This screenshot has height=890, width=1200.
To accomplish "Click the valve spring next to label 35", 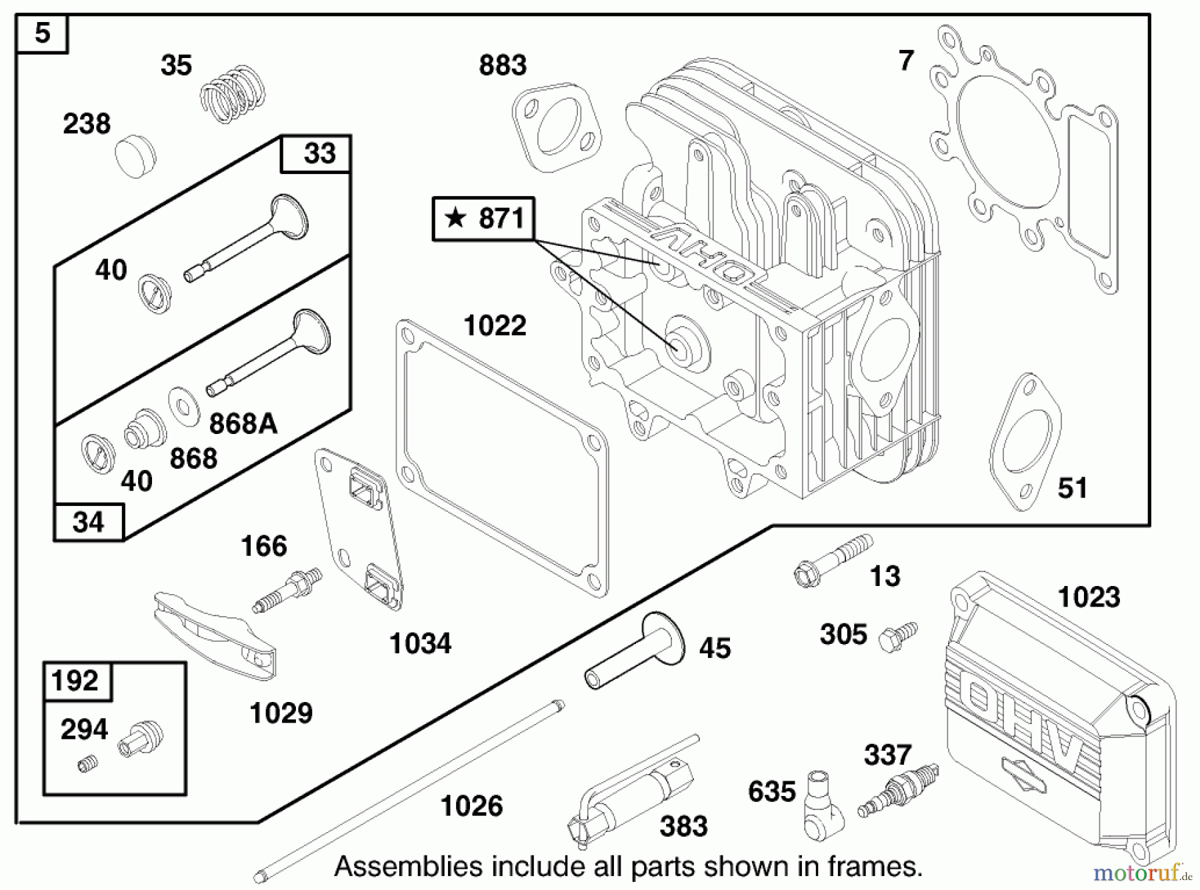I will (233, 94).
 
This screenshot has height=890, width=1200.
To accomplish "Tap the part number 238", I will (87, 124).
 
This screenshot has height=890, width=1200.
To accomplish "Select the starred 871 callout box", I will (483, 219).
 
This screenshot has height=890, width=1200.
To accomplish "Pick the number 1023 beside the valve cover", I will (1089, 597).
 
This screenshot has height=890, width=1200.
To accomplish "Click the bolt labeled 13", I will (833, 561).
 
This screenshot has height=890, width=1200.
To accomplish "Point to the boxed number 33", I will (319, 154).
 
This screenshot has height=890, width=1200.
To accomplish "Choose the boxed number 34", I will (88, 522).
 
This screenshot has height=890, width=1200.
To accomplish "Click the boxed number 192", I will (75, 681).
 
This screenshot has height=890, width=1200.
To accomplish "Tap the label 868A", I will (243, 423).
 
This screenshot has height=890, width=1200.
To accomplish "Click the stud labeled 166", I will (287, 590).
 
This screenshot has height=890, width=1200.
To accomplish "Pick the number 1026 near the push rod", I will (471, 806).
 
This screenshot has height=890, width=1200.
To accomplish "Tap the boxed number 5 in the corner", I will (42, 33).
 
